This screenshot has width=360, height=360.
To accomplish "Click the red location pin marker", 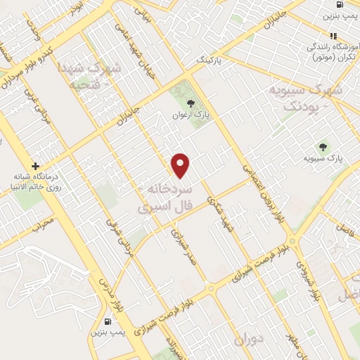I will tap(181, 165).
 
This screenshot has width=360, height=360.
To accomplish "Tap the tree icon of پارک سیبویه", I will tap(323, 147).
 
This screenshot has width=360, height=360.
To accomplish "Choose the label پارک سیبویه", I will tap(323, 160).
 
